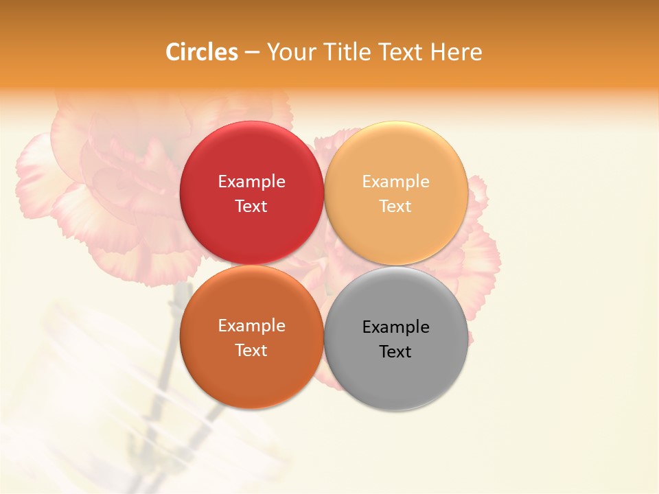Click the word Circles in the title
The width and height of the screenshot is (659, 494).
(201, 52)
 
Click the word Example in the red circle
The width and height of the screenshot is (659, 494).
(251, 182)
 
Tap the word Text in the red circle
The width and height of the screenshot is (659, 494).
(251, 207)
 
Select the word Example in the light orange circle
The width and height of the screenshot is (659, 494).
(396, 182)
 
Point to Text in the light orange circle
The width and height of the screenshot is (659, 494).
(396, 207)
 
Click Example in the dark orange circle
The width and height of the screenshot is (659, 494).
(251, 326)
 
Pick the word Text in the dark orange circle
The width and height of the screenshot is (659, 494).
(251, 351)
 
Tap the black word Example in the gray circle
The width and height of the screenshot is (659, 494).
(396, 327)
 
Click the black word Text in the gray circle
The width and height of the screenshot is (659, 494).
(396, 352)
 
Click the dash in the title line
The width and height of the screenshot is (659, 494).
(252, 53)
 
